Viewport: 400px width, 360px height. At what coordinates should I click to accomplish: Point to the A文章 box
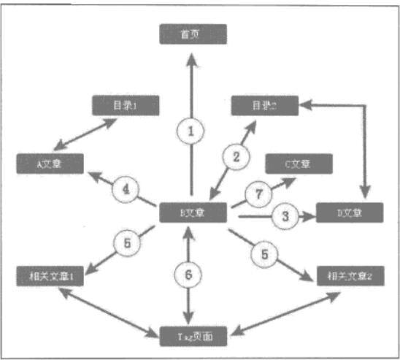click(x=51, y=162)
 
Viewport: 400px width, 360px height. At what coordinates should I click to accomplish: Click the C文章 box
click(x=299, y=164)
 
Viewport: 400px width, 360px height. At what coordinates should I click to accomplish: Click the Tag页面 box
click(x=193, y=336)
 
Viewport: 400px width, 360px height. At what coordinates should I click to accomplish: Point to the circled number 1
click(x=191, y=132)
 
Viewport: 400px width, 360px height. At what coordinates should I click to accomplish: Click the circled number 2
click(x=236, y=156)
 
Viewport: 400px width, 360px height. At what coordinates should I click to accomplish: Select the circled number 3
click(x=285, y=216)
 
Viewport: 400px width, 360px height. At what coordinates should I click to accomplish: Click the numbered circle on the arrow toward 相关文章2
click(x=264, y=253)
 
